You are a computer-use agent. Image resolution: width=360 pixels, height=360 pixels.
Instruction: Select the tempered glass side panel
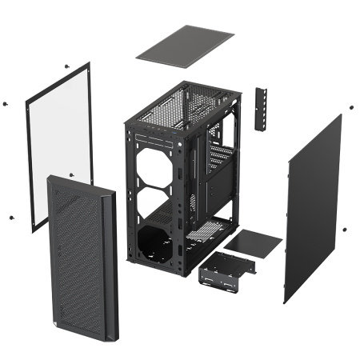coord(60,144)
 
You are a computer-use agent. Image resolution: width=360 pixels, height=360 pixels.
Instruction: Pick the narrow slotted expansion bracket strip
coord(260,109)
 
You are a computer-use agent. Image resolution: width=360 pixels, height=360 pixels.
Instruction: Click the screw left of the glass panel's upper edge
coord(6,103)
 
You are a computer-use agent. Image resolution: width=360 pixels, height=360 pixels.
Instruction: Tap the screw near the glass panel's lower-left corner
coord(11,217)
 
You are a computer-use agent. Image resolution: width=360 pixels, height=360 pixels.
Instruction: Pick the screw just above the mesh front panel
coord(71,174)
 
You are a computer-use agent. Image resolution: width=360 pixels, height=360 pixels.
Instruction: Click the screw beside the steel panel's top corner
coord(350,104)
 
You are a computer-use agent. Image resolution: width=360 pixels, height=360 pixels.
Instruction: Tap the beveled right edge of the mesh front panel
coord(110,264)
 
